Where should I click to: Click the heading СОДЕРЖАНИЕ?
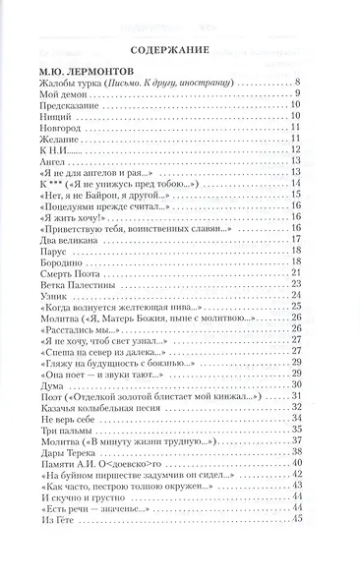point(179,53)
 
